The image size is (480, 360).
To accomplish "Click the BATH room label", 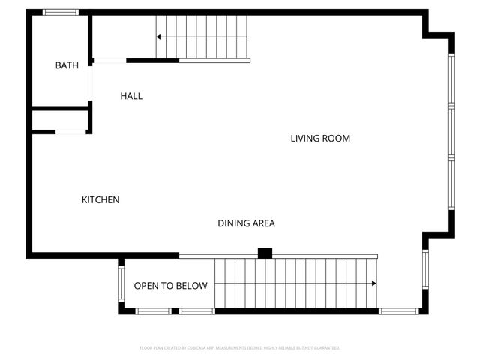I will pos(67,66).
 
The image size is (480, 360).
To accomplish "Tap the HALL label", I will pos(131,96).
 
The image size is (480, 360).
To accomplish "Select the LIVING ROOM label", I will pos(320,139).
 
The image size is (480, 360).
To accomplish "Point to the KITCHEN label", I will pos(100,200).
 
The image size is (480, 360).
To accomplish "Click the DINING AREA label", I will pos(246,223).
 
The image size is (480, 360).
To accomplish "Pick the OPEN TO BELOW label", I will pos(170,286).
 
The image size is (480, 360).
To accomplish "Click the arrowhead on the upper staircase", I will pos(159,37).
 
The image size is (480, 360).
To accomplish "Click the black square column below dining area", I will pos(264,253).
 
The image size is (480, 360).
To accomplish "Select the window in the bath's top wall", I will pos(60,12).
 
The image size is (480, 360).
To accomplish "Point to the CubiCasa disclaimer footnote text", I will pos(240,348).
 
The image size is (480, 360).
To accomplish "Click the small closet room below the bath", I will pos(60,120).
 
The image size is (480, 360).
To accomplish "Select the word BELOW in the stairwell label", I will pos(192,286).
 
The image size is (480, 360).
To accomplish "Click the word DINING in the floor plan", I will pos(232,223).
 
